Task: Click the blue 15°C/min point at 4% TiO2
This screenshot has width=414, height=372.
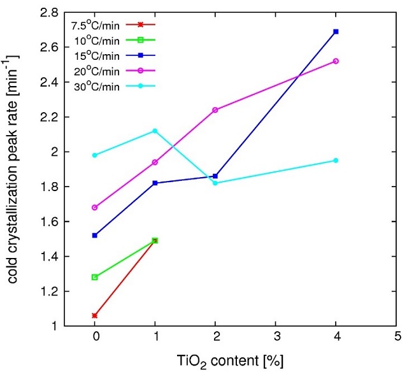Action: coord(336,31)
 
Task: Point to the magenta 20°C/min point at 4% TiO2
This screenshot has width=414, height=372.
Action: coord(336,61)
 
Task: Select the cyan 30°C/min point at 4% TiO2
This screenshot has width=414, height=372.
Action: coord(336,161)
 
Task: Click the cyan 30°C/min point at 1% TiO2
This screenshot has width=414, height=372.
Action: coord(155,131)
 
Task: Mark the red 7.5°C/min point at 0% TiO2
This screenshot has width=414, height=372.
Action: coord(95,315)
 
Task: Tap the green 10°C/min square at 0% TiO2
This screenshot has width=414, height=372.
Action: coord(95,277)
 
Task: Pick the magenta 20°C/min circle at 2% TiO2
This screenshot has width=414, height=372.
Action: coord(215,110)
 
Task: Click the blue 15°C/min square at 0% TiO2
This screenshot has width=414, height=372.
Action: coord(95,235)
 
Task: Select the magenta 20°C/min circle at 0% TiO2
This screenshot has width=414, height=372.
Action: coord(95,208)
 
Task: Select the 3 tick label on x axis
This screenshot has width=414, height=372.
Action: coord(276,336)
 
